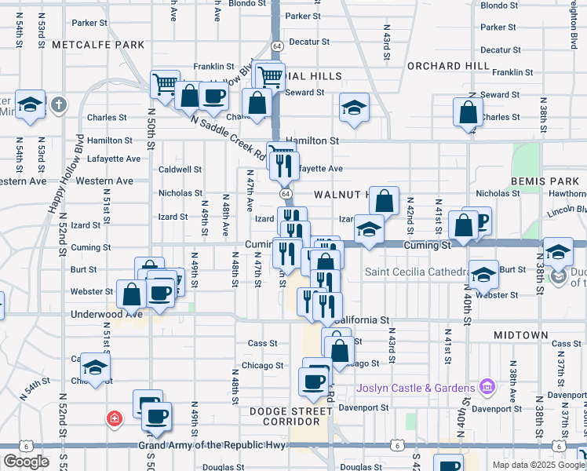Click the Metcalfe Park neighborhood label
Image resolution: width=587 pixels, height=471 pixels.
(x=98, y=45)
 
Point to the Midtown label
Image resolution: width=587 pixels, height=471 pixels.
(x=521, y=335)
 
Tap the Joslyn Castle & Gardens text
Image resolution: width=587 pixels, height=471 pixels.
(x=416, y=388)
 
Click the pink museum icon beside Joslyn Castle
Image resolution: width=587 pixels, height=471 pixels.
(x=487, y=387)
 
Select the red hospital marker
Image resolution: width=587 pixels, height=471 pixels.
(x=115, y=418)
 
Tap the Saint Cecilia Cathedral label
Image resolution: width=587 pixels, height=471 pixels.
(x=416, y=272)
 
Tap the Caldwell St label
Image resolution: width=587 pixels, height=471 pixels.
(x=180, y=169)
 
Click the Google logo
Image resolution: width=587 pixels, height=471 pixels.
(x=26, y=462)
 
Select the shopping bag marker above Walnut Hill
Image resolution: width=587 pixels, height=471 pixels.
(x=384, y=202)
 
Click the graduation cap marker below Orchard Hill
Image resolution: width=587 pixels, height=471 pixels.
(x=354, y=108)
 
